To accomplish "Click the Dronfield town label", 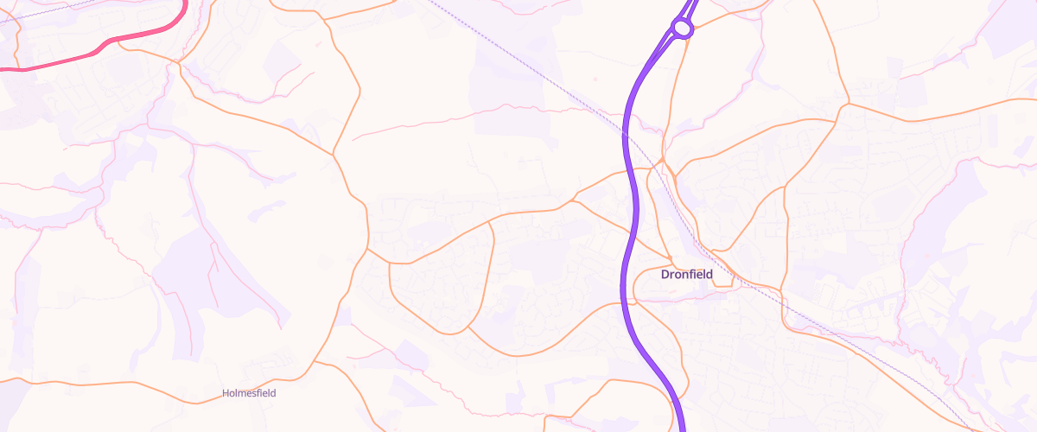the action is pos(686,275).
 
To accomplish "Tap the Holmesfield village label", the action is pos(249,393).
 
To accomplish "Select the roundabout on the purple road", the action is pos(682,29).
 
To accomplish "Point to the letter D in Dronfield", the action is pos(665,275).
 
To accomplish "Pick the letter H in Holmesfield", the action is pos(226,393).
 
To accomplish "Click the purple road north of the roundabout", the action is pos(692,7).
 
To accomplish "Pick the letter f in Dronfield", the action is pos(692,275).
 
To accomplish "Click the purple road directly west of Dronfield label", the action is pos(624,275).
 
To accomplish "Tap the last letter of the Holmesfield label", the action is pos(273,393).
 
